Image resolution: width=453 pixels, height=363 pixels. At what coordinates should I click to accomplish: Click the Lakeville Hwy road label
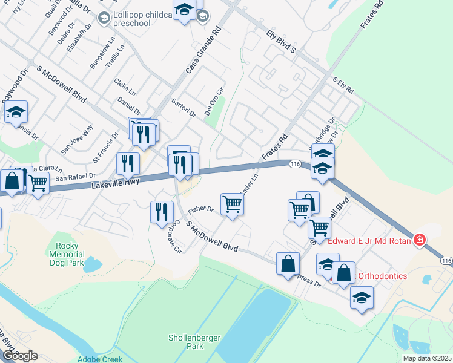tap(116, 181)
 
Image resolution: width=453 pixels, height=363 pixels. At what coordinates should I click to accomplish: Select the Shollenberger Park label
tap(186, 342)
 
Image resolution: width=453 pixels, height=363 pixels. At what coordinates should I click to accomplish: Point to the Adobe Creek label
tap(100, 359)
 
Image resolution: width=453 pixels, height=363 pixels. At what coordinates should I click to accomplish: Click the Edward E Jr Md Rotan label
tap(370, 241)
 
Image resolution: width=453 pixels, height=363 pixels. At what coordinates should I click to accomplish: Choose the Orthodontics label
tap(382, 276)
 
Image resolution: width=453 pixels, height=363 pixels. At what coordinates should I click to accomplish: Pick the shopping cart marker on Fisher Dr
tap(233, 204)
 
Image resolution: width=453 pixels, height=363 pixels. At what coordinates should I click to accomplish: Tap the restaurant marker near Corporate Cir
tap(161, 212)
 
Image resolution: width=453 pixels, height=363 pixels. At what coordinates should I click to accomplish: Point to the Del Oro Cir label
tap(214, 101)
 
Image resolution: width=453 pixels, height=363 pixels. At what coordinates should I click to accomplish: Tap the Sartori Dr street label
tap(184, 106)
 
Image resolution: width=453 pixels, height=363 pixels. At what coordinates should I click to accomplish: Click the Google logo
tap(19, 356)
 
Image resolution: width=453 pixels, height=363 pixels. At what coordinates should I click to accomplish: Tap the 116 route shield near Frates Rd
tap(295, 164)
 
